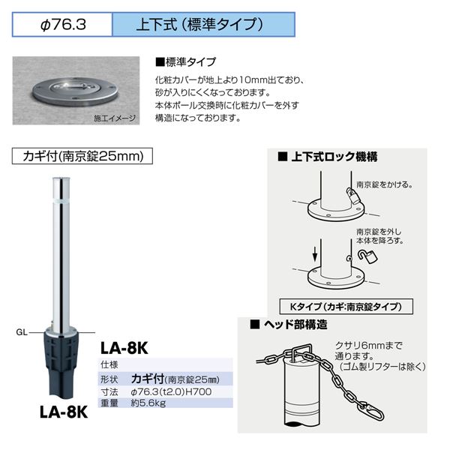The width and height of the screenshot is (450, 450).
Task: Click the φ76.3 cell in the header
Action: tap(62, 25)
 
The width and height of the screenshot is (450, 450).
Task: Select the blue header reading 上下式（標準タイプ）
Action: tap(203, 25)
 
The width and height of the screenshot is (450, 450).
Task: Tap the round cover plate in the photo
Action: tap(76, 91)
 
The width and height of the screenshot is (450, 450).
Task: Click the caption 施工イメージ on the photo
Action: tap(115, 118)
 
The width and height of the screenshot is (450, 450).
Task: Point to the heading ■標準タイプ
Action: tap(185, 62)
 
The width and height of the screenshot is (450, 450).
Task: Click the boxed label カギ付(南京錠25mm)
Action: tap(82, 156)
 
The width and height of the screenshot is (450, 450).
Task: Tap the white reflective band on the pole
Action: tap(61, 199)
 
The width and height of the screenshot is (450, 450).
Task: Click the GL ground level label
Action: tap(22, 332)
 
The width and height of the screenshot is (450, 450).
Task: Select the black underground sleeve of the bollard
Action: tap(61, 364)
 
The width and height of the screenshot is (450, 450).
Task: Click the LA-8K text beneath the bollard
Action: tap(64, 412)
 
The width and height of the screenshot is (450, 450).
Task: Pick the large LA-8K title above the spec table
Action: tap(124, 348)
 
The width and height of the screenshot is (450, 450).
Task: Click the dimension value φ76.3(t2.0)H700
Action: tap(171, 391)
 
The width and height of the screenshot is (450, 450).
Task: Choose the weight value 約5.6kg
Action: tap(148, 403)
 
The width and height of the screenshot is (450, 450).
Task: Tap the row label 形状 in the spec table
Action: tap(109, 379)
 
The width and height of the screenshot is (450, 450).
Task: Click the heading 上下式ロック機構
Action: tap(328, 157)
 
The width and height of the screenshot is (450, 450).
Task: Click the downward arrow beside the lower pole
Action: tap(315, 253)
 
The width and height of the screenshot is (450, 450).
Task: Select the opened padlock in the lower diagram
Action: tap(367, 256)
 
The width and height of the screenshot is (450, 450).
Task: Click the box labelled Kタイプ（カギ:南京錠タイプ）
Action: tap(346, 307)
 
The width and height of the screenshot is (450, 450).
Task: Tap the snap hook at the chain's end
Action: tap(374, 412)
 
